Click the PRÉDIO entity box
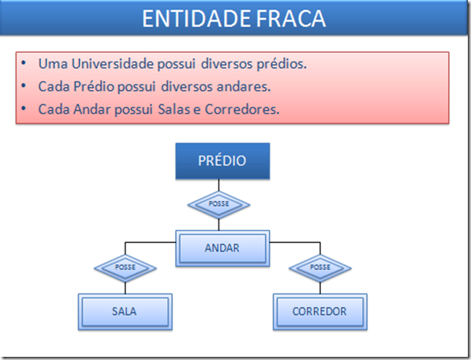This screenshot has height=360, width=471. [x=222, y=161]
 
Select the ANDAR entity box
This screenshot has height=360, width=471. [x=222, y=248]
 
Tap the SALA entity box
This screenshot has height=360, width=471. [x=124, y=311]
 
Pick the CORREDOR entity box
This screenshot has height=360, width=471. [x=320, y=311]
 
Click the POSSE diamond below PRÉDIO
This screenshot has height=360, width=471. [x=219, y=204]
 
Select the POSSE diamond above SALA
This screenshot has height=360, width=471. [x=125, y=268]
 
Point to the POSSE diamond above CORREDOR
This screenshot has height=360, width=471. [x=320, y=268]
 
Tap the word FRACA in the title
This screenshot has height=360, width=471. [x=293, y=20]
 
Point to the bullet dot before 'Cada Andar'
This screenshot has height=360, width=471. [x=25, y=110]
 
